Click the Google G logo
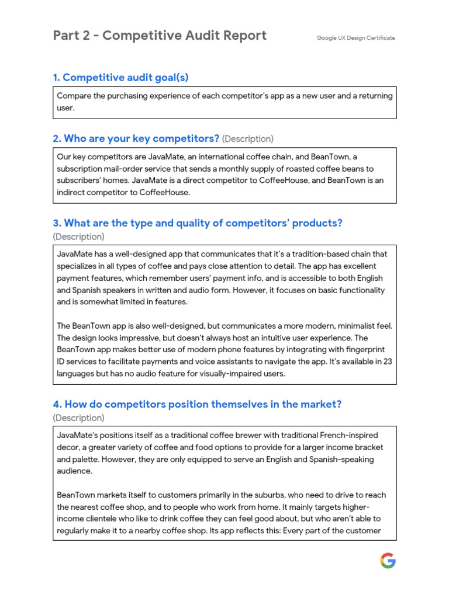tap(388, 561)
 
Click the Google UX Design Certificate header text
tap(355, 38)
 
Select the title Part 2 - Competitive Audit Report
tap(160, 36)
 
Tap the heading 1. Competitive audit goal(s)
tap(120, 78)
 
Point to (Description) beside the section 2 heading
tap(247, 139)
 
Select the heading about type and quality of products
tap(197, 223)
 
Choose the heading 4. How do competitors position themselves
tap(197, 404)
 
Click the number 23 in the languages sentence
tap(387, 361)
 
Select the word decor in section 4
tap(68, 448)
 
